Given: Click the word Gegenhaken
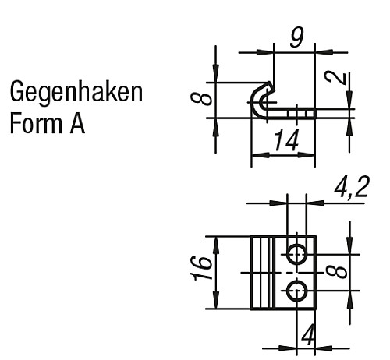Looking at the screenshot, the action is click(x=76, y=93).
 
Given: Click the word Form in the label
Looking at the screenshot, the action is click(x=36, y=124).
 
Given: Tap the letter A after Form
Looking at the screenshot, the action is click(x=77, y=124).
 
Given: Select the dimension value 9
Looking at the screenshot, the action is click(x=296, y=38).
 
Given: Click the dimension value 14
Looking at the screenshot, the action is click(x=286, y=140).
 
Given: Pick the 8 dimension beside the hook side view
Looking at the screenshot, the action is click(x=201, y=100).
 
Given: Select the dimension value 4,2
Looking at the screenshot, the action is click(x=351, y=187).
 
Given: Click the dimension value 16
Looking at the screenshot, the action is click(x=202, y=269).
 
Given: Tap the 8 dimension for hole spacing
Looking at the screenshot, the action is click(x=337, y=272).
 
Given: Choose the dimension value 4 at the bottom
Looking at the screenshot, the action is click(x=308, y=335).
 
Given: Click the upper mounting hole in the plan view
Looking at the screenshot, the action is click(x=297, y=254).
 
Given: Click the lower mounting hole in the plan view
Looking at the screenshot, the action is click(x=297, y=291).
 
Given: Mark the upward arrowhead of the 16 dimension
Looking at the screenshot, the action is click(x=216, y=245).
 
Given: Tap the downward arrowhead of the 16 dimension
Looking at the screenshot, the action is click(x=216, y=301).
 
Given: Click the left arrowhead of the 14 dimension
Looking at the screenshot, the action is click(x=261, y=155).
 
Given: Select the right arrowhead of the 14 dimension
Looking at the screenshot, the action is click(x=306, y=155).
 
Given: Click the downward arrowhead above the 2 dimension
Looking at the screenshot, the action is click(x=349, y=101).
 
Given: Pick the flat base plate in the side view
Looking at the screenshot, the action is click(x=289, y=114).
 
